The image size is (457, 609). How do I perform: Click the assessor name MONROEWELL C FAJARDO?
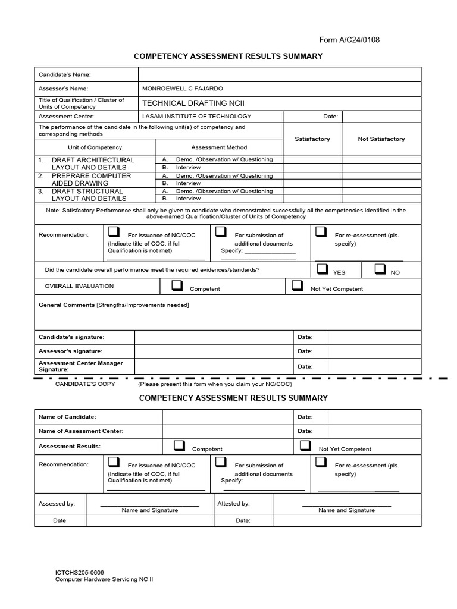182,89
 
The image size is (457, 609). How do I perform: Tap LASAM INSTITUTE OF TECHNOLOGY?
196,117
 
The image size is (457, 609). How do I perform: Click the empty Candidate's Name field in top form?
280,74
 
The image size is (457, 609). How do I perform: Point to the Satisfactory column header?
312,139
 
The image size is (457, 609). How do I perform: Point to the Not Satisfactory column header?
381,139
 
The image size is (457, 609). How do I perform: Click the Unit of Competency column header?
95,147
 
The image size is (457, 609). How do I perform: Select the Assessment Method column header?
219,147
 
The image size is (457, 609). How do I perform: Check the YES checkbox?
323,269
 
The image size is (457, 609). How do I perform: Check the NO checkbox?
380,269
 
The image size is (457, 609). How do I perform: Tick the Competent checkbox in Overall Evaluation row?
177,286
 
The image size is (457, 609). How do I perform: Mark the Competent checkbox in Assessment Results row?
179,446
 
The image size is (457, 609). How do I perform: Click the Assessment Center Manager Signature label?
80,366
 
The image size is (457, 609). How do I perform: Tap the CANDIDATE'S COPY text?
85,384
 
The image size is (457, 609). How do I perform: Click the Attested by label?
233,504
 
